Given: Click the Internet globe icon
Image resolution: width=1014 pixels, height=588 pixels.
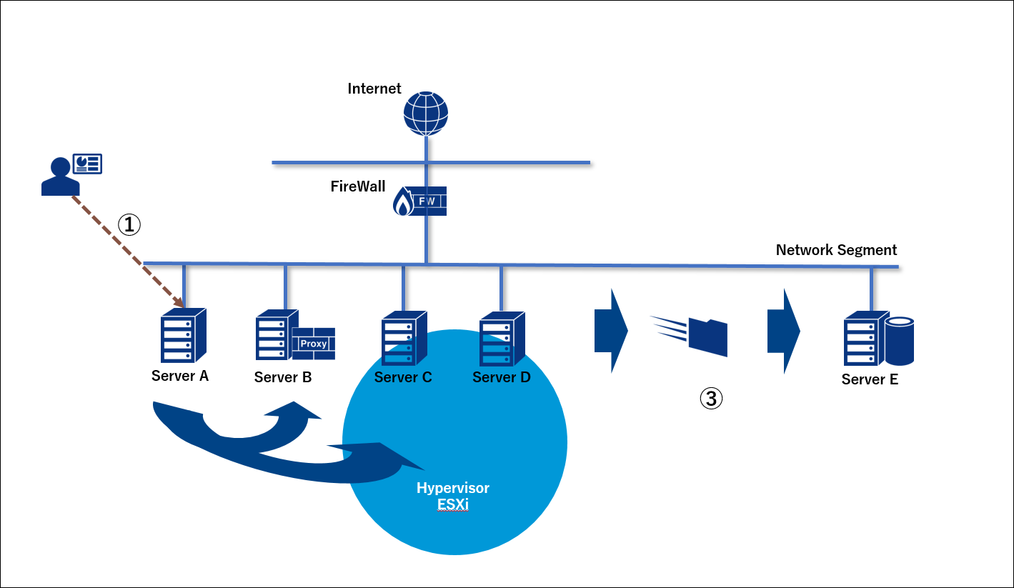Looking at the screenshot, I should [426, 113].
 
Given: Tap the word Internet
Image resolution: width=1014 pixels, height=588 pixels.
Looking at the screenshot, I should [374, 89].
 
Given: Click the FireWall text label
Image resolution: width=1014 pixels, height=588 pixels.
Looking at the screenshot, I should [357, 186].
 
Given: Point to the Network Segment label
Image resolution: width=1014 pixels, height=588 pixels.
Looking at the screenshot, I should [836, 250].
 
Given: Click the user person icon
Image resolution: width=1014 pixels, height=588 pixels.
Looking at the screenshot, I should [60, 176].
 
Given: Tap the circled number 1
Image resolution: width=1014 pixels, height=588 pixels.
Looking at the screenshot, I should [129, 225].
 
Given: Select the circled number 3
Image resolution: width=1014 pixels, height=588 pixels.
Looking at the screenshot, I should [710, 399].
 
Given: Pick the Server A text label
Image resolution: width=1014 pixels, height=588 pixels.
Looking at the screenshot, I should [180, 376].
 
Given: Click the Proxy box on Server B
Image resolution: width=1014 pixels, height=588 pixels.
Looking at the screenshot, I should [313, 344].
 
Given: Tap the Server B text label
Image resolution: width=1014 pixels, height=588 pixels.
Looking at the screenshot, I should [283, 377].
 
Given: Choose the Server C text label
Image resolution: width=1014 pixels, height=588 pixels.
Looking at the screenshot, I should [403, 377].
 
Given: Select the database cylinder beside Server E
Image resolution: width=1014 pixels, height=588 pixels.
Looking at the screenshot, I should [900, 342].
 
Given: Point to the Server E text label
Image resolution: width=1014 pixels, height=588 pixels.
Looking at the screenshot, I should [870, 379].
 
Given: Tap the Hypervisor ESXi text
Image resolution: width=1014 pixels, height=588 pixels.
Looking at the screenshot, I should [453, 496].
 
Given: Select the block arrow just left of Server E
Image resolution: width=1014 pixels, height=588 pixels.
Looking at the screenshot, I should [782, 332].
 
